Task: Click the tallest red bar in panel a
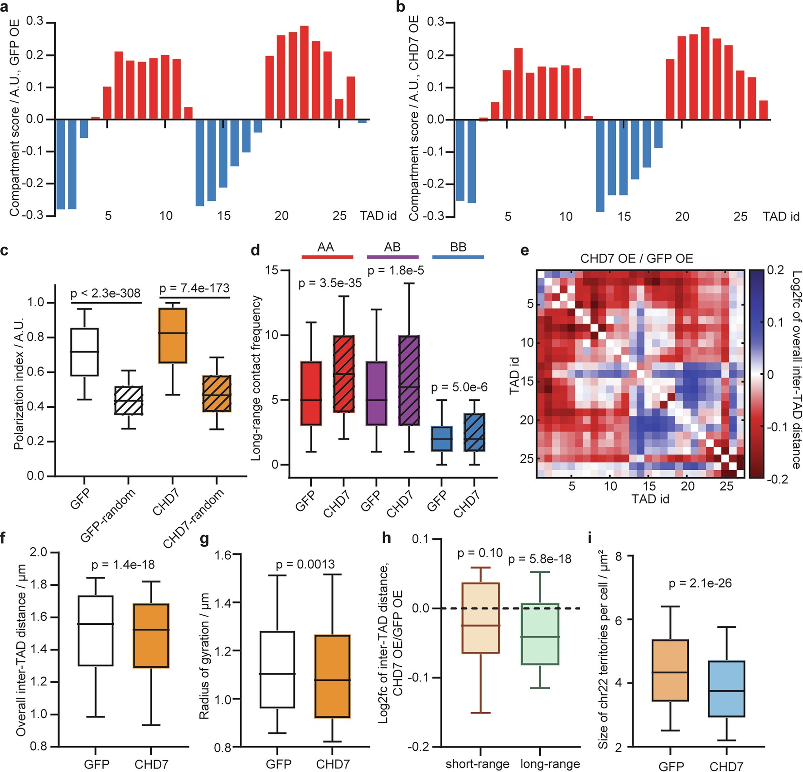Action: pyautogui.click(x=304, y=72)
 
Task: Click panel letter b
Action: pyautogui.click(x=401, y=7)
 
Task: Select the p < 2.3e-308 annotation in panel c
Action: pyautogui.click(x=106, y=293)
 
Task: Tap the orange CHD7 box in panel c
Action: pyautogui.click(x=172, y=335)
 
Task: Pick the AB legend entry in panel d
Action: pyautogui.click(x=392, y=247)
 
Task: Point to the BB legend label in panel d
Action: pyautogui.click(x=458, y=247)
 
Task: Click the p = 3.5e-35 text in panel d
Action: pyautogui.click(x=330, y=284)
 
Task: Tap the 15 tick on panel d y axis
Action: pyautogui.click(x=271, y=270)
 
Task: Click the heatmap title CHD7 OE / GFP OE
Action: pyautogui.click(x=637, y=259)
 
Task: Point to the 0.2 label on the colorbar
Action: pyautogui.click(x=775, y=270)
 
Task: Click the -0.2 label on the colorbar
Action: pyautogui.click(x=775, y=479)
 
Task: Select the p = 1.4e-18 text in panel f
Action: pyautogui.click(x=123, y=565)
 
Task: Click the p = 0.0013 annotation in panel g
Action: pyautogui.click(x=305, y=565)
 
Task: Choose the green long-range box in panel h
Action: pyautogui.click(x=540, y=633)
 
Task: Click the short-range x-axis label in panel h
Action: pyautogui.click(x=478, y=764)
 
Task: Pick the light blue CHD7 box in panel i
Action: pyautogui.click(x=726, y=689)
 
